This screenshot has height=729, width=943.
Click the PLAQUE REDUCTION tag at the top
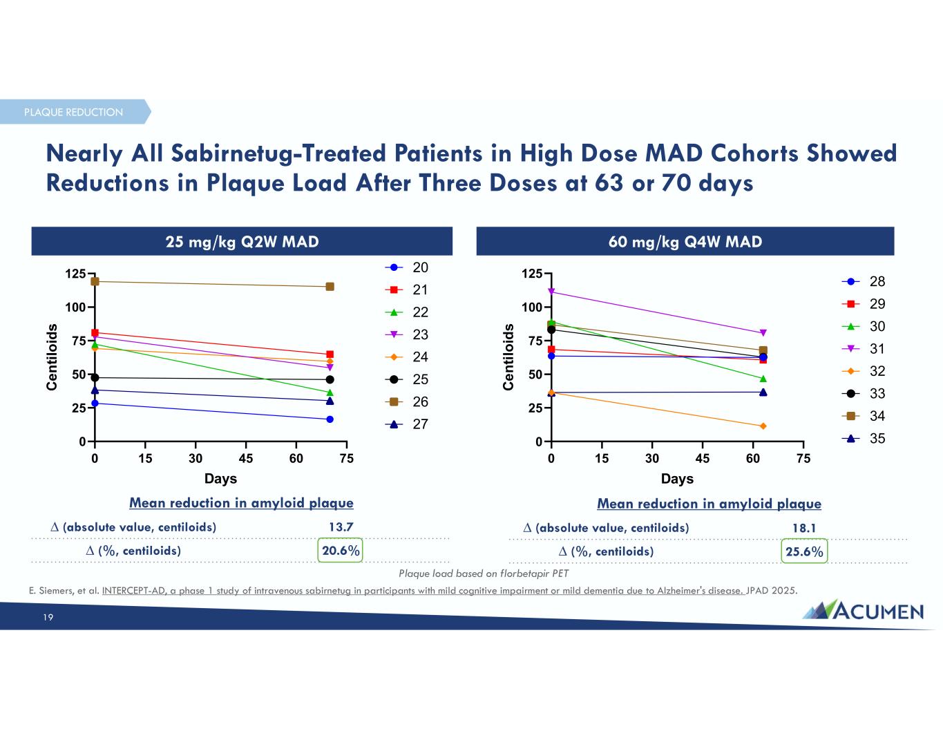click(x=74, y=112)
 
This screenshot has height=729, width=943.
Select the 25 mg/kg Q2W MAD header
click(x=242, y=241)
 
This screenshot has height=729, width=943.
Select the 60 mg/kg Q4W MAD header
click(x=685, y=241)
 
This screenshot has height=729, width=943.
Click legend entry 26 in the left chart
click(x=408, y=402)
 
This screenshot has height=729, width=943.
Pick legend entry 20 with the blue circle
click(x=408, y=267)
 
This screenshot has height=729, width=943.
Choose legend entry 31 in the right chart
click(x=864, y=349)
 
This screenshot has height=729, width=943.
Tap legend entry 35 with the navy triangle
click(x=864, y=439)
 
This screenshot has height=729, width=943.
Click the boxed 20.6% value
click(x=341, y=551)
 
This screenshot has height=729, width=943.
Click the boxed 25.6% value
click(x=804, y=551)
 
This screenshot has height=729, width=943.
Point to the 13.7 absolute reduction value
click(x=341, y=527)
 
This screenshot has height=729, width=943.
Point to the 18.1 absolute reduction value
click(x=804, y=528)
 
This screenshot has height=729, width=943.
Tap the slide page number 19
click(x=48, y=618)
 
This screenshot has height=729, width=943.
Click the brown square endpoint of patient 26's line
click(x=330, y=286)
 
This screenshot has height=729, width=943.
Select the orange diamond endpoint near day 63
click(x=763, y=426)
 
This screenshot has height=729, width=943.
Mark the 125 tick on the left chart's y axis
click(x=75, y=274)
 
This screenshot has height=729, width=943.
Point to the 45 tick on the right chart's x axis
click(x=703, y=458)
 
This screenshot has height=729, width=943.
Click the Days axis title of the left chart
click(x=220, y=478)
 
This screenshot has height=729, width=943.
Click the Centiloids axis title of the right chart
click(x=509, y=357)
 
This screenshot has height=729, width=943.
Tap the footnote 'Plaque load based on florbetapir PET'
click(x=484, y=574)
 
